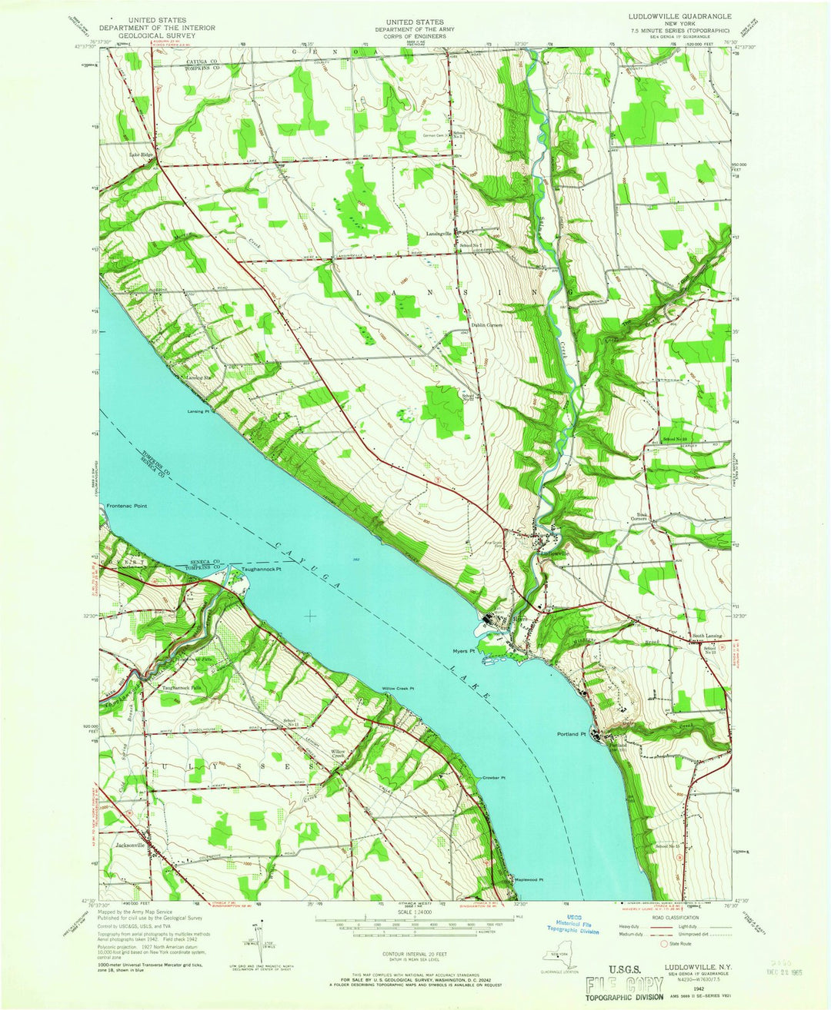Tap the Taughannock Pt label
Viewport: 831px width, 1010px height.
coord(262,570)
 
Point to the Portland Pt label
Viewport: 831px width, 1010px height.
coord(572,733)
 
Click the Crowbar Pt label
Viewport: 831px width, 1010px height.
coord(493,778)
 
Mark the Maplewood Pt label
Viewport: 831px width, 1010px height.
coord(529,880)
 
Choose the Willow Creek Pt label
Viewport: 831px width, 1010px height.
coord(399,688)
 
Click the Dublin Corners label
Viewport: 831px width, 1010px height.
coord(487,325)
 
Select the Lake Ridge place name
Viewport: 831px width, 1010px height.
coord(142,155)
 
